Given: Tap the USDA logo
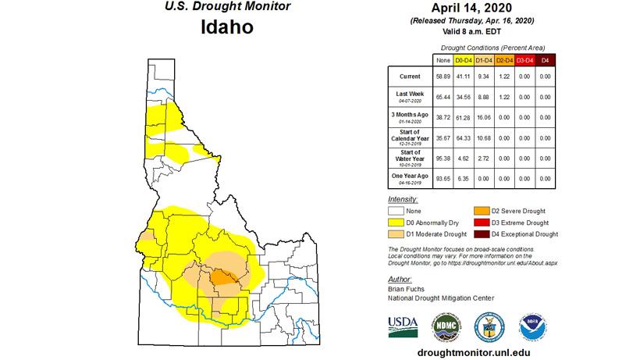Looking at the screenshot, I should pyautogui.click(x=403, y=323).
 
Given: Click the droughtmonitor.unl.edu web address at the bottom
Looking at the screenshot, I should pyautogui.click(x=474, y=351).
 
